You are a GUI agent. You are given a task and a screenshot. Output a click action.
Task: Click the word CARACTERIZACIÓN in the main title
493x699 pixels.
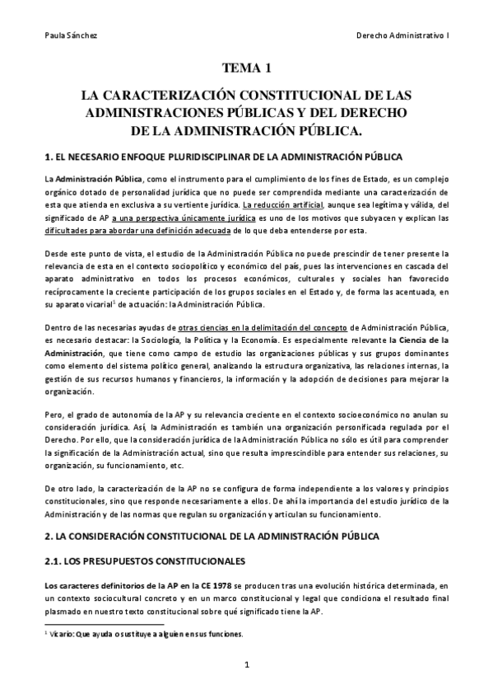[189, 95]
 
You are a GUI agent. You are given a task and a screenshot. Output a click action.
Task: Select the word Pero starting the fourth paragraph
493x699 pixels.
[53, 407]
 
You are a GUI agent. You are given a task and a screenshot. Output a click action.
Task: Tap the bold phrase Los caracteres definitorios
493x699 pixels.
[93, 585]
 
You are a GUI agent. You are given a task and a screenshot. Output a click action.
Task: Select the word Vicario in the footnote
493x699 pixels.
[63, 635]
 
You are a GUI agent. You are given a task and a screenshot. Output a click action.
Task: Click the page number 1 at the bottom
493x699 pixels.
[246, 664]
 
